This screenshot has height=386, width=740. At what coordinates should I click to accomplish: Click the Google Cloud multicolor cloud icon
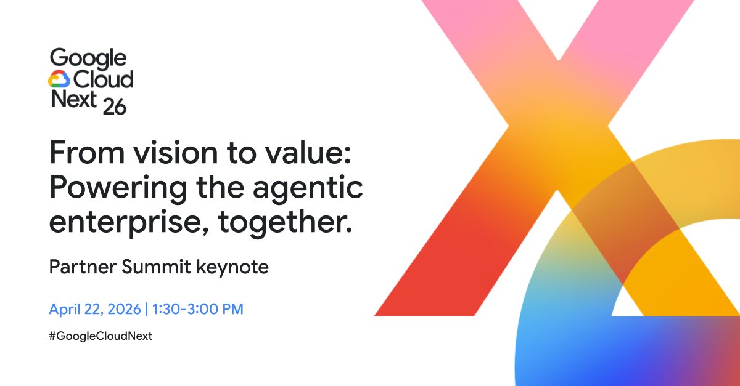(59, 79)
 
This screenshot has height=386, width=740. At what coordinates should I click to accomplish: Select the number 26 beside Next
(115, 106)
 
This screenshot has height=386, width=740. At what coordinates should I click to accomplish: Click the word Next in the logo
(73, 100)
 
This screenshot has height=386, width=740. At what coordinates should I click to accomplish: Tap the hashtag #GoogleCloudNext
(101, 336)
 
